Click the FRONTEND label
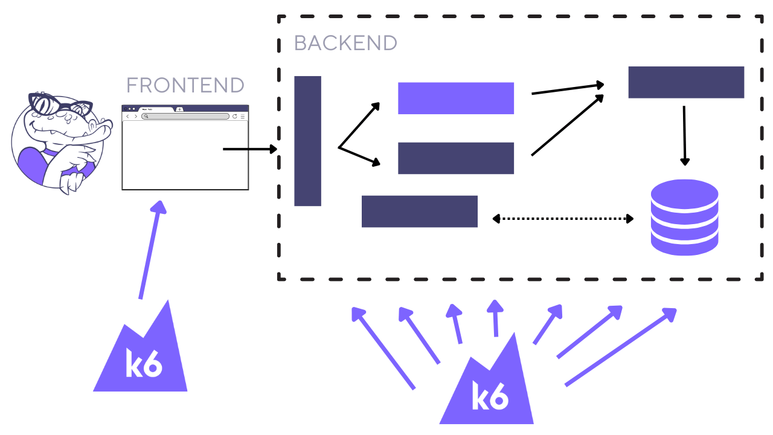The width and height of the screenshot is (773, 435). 185,85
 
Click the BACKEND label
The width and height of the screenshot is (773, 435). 345,43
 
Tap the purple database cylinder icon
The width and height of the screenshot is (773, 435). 684,217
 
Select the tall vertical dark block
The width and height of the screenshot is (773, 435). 307,141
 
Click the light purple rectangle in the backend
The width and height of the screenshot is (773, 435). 455,98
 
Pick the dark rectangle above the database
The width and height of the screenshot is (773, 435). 685,82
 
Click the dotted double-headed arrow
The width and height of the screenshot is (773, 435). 563,218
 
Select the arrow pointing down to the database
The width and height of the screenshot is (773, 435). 684,135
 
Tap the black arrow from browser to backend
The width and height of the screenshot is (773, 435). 249,149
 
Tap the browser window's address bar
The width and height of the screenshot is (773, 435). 185,116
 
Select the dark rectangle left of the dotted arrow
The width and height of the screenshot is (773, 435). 419,211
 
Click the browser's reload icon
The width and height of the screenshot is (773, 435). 234,116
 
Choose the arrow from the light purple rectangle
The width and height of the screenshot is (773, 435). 568,89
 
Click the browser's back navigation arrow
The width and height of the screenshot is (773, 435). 127,116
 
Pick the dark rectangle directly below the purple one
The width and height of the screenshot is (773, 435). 455,158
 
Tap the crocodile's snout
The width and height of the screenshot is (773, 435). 97,130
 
